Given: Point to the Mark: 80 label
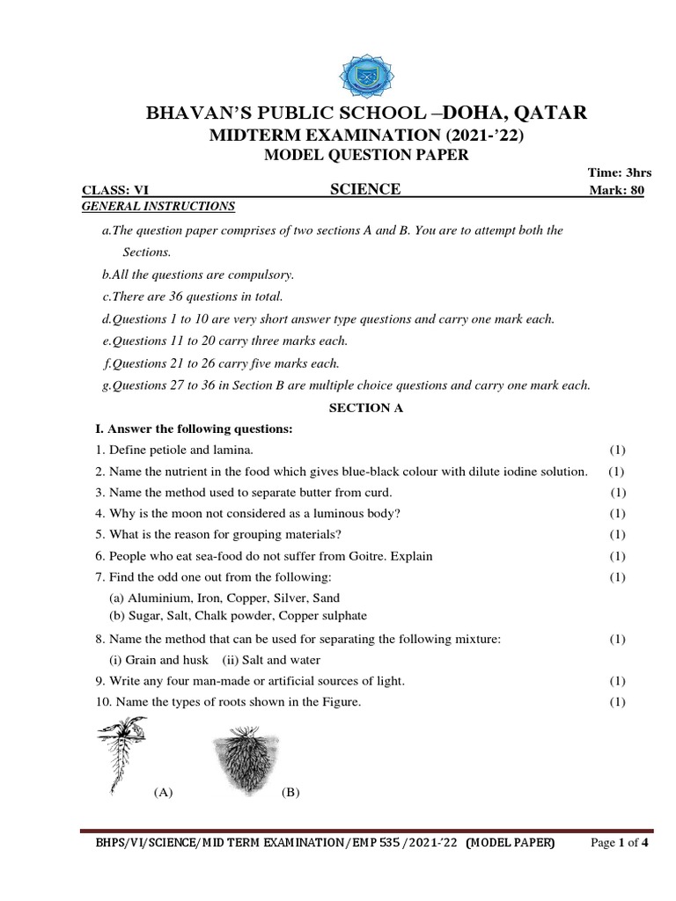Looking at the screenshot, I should [x=615, y=190].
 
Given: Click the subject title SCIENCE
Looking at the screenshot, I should [x=364, y=189].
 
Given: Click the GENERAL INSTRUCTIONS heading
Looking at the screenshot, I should [x=158, y=206].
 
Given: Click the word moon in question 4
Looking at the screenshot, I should [x=179, y=513].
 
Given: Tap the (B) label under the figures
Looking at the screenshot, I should [x=290, y=793].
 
